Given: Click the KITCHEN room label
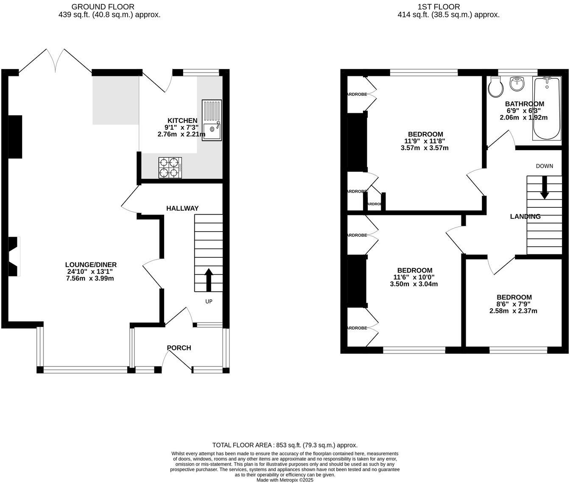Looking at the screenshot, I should (182, 121).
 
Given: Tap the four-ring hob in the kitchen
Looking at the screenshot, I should (170, 168).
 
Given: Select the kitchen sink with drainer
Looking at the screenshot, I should (212, 120).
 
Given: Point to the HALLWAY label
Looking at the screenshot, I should (182, 209).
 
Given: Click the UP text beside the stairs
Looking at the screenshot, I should (209, 302).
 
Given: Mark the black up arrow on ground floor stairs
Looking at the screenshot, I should (209, 279).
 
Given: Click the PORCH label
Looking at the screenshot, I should (179, 348).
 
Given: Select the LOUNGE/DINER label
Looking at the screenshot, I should (91, 265).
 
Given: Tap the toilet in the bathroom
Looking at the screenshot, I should (495, 87).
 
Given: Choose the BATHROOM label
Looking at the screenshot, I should (524, 104).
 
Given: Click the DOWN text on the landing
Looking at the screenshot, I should (545, 166).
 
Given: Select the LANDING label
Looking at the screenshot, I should (525, 217).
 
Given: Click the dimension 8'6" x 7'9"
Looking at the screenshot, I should (514, 304).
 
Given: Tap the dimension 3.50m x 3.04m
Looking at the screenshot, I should (414, 284).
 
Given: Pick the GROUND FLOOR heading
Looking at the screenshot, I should (103, 7).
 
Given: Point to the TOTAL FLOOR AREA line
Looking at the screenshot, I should (285, 445).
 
